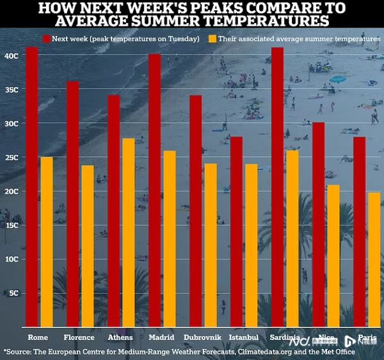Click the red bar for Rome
32,186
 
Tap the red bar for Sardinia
277,186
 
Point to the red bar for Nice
318,224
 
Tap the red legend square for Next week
46,39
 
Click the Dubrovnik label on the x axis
202,337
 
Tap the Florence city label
79,337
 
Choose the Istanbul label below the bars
243,337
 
